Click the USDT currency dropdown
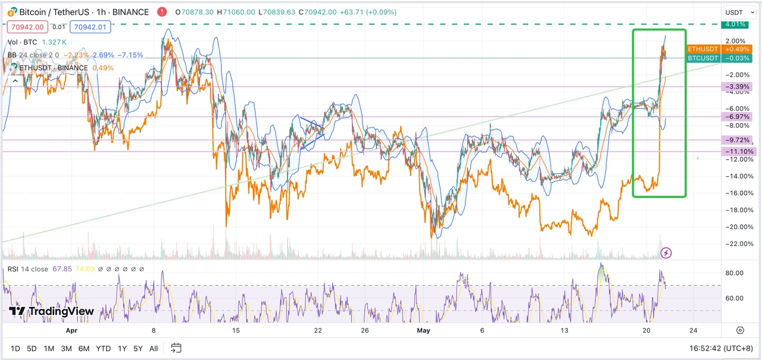(x=736, y=12)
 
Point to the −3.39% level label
(x=737, y=87)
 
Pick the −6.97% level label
(x=737, y=116)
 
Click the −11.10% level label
(x=737, y=152)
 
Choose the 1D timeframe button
(x=16, y=348)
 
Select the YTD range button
(x=103, y=348)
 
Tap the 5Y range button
(x=138, y=348)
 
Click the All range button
(x=154, y=348)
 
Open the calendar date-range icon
(x=176, y=348)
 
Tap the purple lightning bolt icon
(x=667, y=253)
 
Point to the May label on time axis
(x=424, y=330)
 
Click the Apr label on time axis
(x=71, y=330)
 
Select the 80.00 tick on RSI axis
(x=735, y=273)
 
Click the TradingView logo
(x=52, y=311)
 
